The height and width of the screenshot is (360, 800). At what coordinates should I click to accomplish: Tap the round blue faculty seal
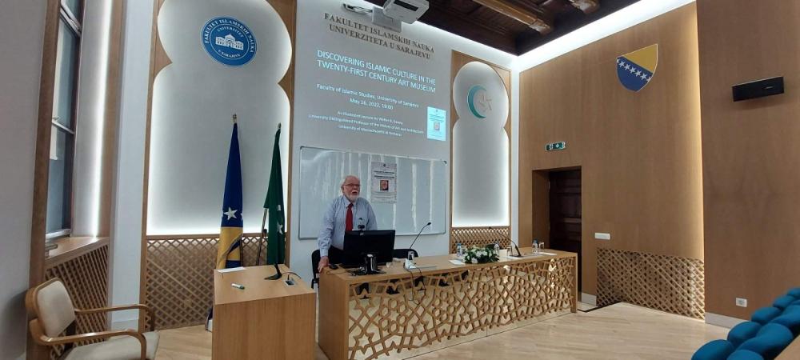pos(229,42)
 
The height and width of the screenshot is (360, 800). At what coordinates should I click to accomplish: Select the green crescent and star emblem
pos(479,102)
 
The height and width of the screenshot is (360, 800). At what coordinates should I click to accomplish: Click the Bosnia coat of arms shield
pos(637,66)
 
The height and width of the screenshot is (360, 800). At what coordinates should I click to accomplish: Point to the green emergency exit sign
pos(555,146)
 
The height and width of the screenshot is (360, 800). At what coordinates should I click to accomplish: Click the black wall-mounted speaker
pos(758,89)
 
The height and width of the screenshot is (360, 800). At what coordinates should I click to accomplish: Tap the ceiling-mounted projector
pos(400,10)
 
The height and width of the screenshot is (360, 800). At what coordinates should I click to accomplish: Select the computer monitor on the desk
pos(369,246)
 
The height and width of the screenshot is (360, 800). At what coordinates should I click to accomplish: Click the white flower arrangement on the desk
pos(481,254)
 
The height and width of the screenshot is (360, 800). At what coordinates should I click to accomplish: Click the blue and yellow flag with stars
pos(230,200)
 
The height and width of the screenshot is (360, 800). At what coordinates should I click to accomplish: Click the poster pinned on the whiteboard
pos(383,181)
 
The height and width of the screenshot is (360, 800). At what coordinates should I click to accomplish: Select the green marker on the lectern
pos(238,286)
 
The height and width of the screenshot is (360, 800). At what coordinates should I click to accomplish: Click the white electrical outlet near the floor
pos(741,302)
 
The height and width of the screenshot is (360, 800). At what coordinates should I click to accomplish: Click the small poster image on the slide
pos(436,123)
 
